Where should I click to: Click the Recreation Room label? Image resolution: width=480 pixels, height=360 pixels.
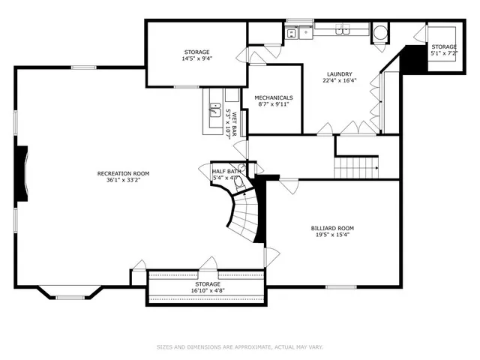(124, 173)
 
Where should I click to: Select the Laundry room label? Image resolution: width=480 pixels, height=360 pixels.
(340, 73)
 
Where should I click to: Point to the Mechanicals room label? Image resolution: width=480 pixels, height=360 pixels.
(273, 97)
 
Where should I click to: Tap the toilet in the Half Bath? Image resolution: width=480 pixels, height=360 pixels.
(239, 181)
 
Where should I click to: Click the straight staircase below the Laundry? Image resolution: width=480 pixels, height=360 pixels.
(357, 168)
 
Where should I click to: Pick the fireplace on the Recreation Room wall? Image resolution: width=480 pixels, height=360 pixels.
(22, 172)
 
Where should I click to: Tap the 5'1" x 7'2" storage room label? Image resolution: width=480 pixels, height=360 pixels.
(443, 54)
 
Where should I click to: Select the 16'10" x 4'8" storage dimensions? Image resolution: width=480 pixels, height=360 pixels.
(208, 290)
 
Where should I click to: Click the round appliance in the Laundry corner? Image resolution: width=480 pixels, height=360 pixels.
(381, 31)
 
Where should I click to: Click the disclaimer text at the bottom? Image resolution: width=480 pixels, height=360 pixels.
(239, 346)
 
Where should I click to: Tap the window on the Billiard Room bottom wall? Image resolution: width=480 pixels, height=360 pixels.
(336, 286)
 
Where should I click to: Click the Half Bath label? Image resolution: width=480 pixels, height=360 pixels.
(226, 172)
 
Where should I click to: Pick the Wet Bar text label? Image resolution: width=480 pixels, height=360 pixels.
(234, 124)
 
